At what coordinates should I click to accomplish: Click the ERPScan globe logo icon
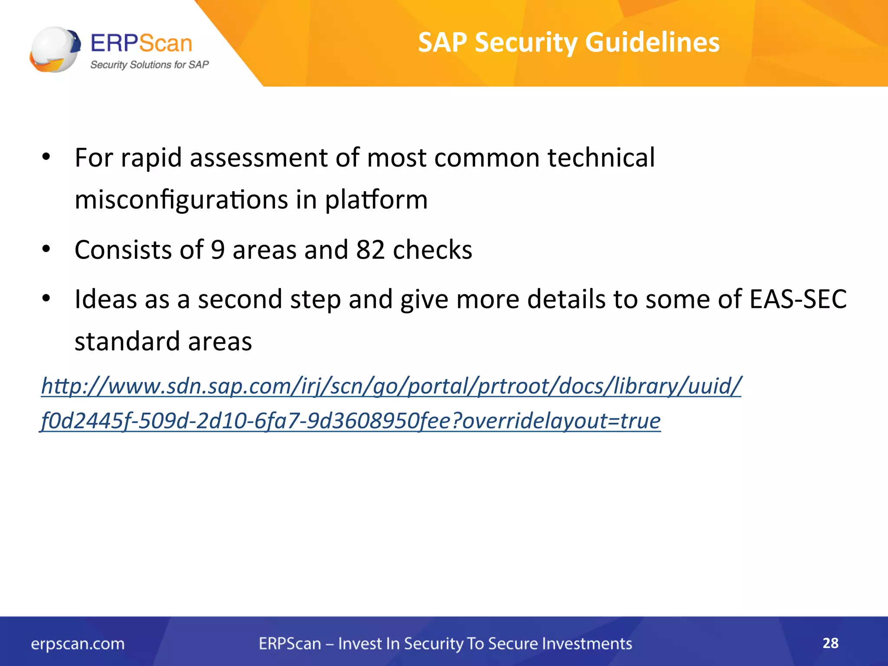click(x=55, y=49)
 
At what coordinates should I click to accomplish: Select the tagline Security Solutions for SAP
click(x=149, y=65)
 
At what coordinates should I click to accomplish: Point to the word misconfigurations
click(x=181, y=200)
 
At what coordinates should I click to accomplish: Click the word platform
click(x=376, y=200)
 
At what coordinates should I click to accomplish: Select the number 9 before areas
click(x=218, y=250)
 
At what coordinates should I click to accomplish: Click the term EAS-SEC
click(x=798, y=299)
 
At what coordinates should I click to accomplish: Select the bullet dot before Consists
click(x=46, y=249)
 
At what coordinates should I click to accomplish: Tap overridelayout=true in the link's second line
click(x=561, y=421)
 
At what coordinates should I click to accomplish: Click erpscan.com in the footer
click(x=78, y=644)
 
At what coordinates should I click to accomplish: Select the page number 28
click(x=830, y=643)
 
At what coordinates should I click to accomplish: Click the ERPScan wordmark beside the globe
click(x=141, y=43)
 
